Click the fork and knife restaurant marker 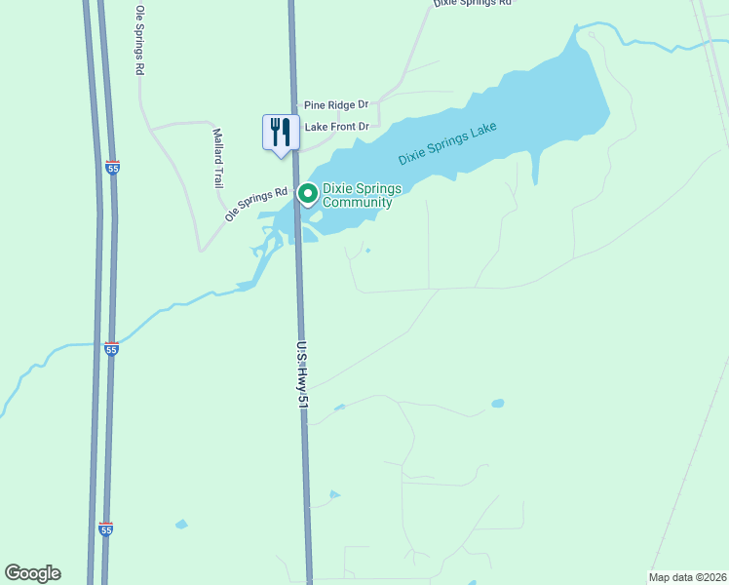pos(281,133)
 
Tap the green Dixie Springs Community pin pos(308,195)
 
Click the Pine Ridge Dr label pos(336,104)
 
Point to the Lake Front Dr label pos(337,127)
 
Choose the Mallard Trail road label pos(218,159)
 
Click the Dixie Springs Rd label pos(472,4)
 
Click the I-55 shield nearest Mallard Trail pos(113,168)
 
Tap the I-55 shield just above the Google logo pos(105,528)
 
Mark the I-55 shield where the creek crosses pos(112,348)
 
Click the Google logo pos(32,573)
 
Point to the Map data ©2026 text pos(687,577)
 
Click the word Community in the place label pos(357,203)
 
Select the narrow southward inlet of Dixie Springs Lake pos(534,167)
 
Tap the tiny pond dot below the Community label pos(367,251)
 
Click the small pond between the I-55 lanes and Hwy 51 pos(180,525)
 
